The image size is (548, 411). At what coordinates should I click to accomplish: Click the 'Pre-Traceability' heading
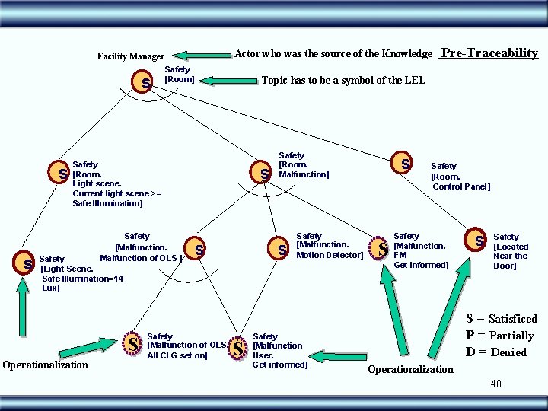coord(489,53)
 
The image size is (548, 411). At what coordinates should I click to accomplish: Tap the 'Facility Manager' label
coord(131,56)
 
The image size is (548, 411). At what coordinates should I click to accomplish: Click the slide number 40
coord(495,384)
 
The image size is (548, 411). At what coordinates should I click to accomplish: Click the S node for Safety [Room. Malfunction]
coord(263,174)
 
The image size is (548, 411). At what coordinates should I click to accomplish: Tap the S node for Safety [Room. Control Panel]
coord(405,163)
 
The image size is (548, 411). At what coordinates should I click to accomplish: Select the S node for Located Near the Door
coord(479,241)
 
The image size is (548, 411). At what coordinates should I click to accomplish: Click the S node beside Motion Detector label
coord(281,249)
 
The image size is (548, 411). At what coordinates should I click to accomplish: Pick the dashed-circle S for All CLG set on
coord(133,345)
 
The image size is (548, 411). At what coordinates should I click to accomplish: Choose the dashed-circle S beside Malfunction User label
coord(238,349)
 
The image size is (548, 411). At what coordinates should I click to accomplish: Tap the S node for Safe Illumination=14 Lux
coord(27,264)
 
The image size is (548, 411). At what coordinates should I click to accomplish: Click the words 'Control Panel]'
coord(461,186)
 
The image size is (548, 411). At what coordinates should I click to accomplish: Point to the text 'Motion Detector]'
coord(330,255)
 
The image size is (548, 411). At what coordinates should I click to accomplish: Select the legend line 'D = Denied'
coord(496,352)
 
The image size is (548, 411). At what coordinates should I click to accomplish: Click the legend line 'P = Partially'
coord(499,336)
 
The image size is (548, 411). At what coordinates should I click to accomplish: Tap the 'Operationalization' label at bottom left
coord(46,365)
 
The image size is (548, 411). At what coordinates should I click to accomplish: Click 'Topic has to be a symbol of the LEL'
coord(343,81)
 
